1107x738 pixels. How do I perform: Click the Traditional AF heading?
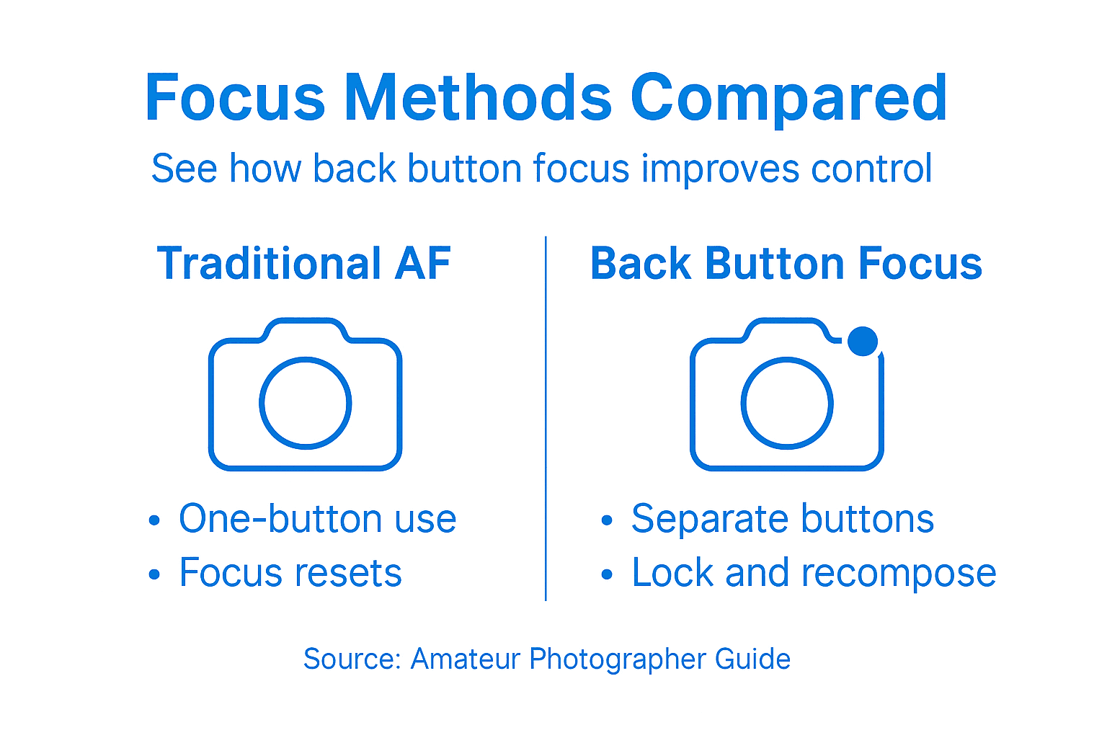303,263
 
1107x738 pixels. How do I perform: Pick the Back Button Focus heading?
786,263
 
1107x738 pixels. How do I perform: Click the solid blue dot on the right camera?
862,341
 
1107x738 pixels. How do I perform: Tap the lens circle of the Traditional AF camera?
305,403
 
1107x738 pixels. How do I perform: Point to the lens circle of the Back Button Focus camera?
787,403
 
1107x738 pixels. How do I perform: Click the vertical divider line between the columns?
546,418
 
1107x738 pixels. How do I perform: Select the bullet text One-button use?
317,519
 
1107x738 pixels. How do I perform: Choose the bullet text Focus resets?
290,574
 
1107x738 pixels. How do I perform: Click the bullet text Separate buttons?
782,519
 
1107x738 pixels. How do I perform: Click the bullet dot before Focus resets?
154,574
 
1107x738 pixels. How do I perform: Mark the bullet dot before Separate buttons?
607,520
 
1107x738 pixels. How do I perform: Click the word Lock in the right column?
673,574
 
